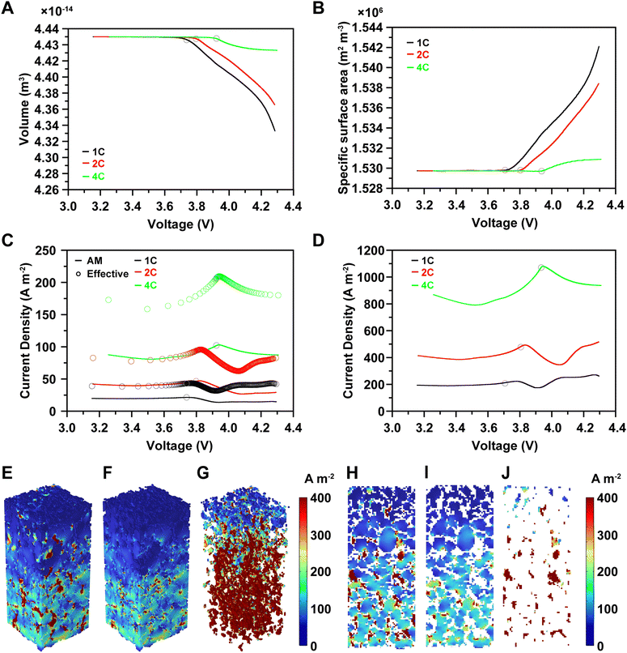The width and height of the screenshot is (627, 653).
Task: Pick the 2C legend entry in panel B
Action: tap(422, 54)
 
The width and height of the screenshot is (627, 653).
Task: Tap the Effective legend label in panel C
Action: tap(108, 274)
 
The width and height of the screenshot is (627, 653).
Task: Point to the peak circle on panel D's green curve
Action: tap(541, 267)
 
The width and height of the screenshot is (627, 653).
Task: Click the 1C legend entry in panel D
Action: tap(422, 259)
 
